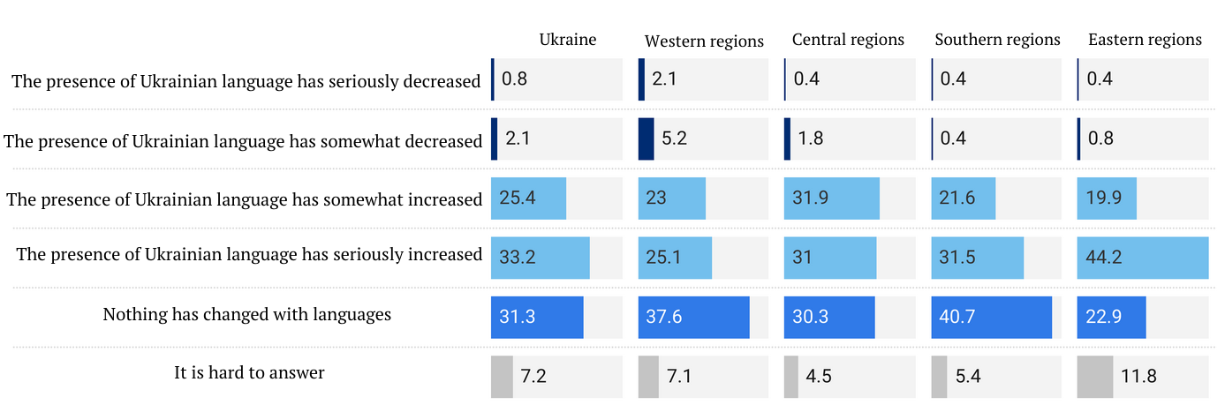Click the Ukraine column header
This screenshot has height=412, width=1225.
pos(568,40)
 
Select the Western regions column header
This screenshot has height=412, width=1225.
pos(704,41)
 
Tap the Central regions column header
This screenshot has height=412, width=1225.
pos(848,40)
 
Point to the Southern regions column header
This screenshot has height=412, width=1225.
pos(997,40)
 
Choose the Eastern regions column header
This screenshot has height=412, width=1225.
pos(1145,40)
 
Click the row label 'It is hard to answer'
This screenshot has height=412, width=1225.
pos(249,373)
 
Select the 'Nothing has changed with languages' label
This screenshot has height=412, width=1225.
pos(246,314)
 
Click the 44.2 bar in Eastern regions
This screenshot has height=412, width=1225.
pos(1142,258)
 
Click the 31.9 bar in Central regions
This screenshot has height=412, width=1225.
pos(831,199)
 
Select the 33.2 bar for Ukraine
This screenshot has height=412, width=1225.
pos(540,258)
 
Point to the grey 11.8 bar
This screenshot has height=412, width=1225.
pos(1094,377)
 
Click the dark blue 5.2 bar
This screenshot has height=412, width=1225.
pos(646,139)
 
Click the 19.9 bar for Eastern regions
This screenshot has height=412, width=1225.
pos(1107,199)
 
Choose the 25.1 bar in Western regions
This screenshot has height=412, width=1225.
pos(675,258)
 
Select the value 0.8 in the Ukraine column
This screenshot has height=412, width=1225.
pos(515,79)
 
